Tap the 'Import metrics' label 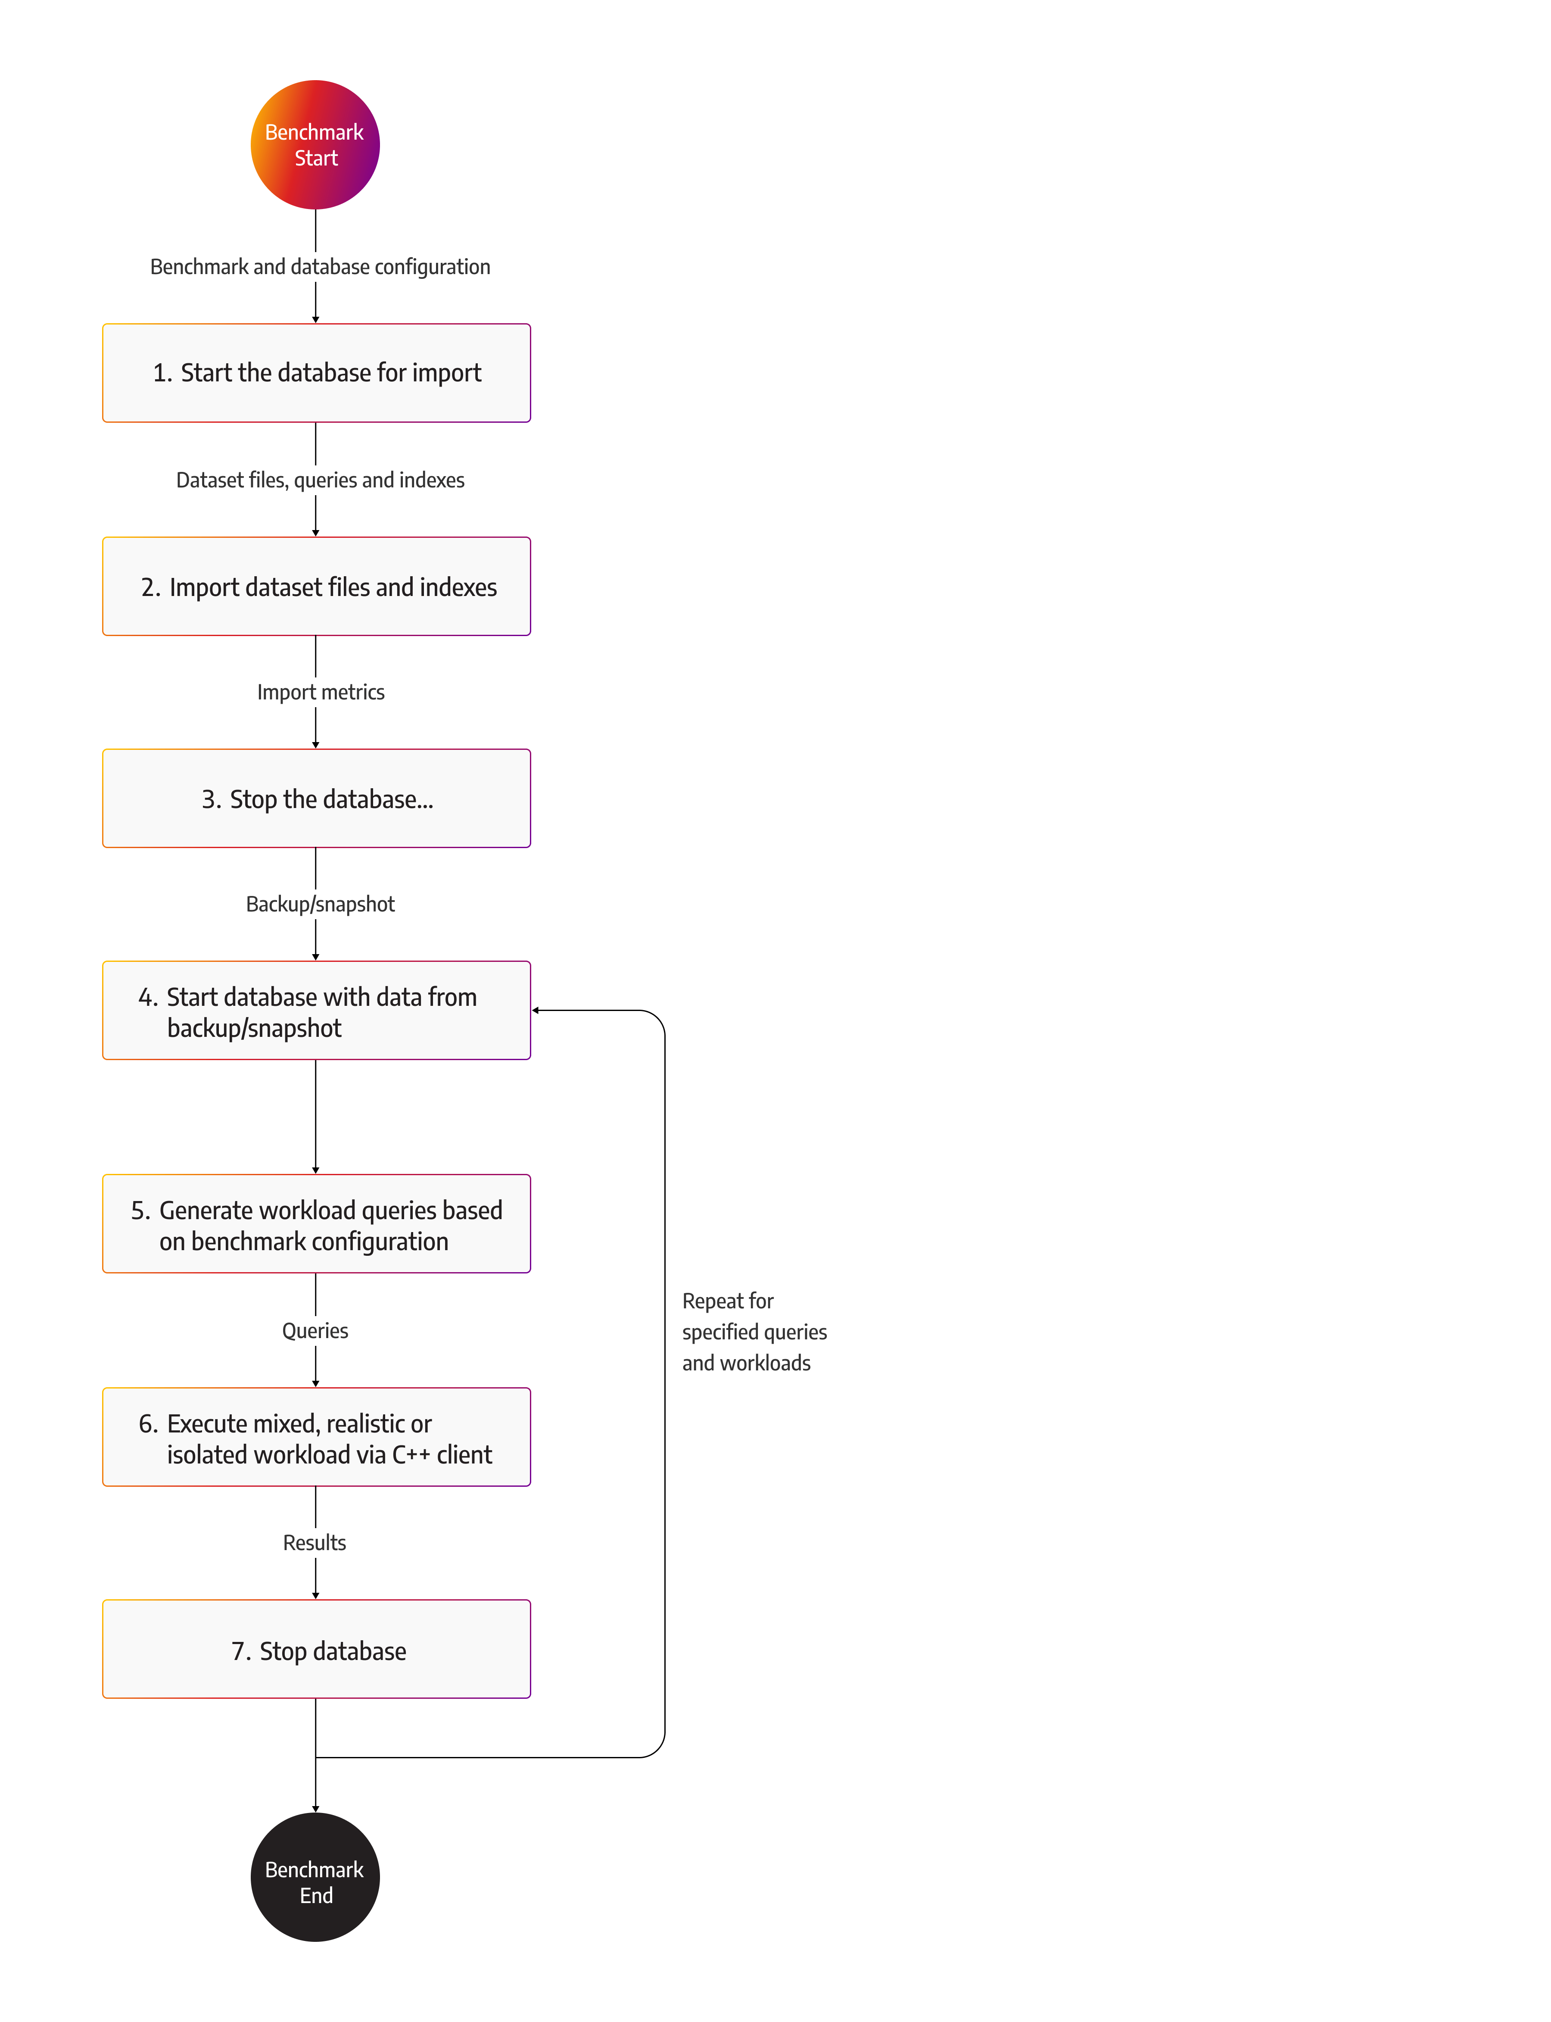click(x=321, y=693)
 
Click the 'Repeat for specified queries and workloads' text click(x=754, y=1332)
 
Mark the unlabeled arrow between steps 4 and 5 click(x=316, y=1117)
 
